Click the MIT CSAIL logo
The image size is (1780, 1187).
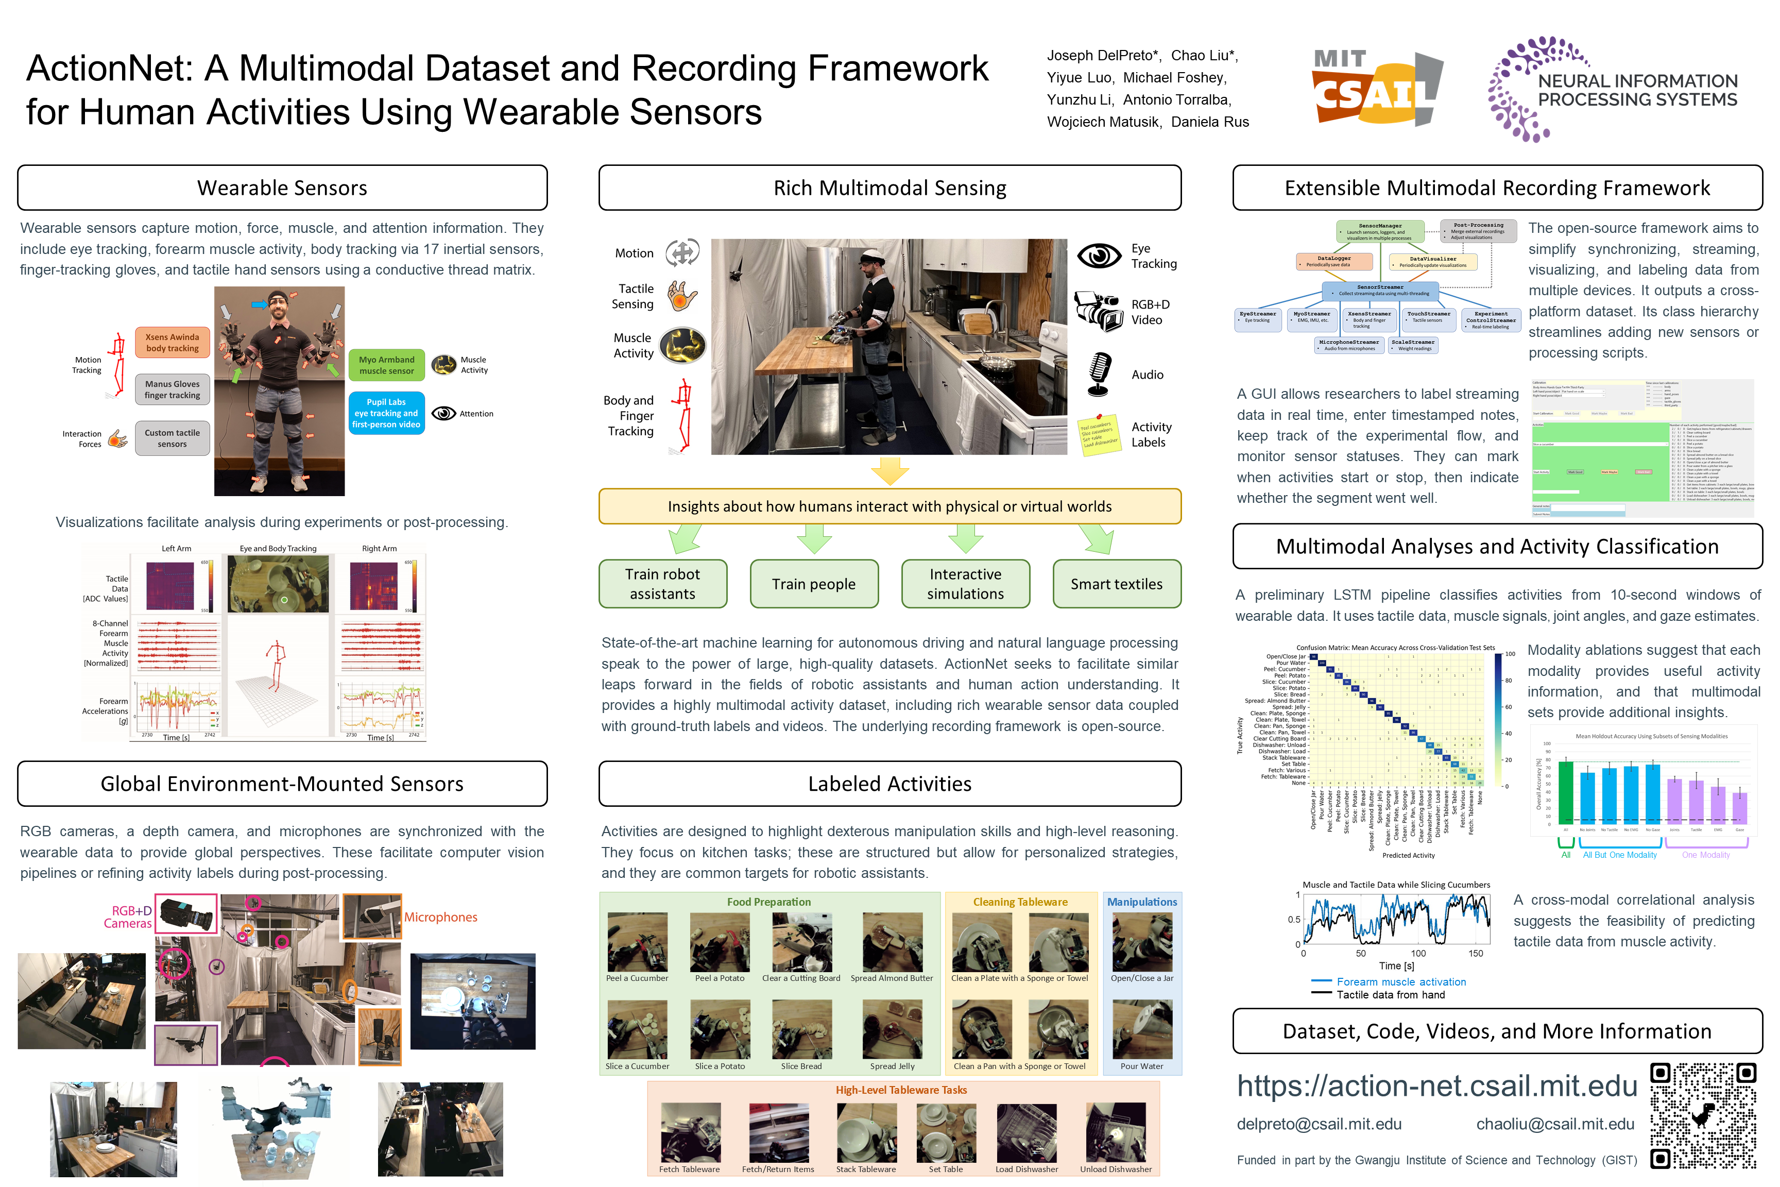pos(1376,88)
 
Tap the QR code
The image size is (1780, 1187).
pos(1703,1116)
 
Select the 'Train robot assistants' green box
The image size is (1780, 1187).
pos(662,584)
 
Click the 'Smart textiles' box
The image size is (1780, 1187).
pos(1116,584)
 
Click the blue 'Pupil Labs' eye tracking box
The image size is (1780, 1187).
pos(386,413)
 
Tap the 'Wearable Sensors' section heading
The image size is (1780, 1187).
pos(282,188)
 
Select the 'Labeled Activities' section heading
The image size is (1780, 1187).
pos(889,784)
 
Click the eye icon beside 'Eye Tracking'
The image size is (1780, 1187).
pos(1099,256)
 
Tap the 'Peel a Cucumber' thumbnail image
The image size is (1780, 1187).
pos(637,942)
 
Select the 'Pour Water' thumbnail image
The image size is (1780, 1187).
pos(1142,1029)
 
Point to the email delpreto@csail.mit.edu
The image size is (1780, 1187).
pos(1319,1124)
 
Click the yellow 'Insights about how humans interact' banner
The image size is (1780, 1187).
pos(889,506)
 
